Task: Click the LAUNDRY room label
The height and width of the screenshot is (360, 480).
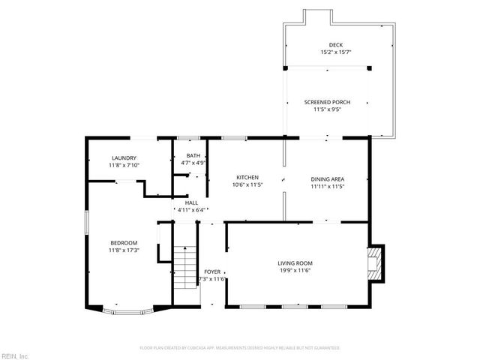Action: coord(124,157)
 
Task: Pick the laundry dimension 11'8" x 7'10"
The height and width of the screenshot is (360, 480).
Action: coord(124,165)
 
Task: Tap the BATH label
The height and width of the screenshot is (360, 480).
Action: coord(193,155)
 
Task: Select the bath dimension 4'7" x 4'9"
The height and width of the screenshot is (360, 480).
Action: coord(193,163)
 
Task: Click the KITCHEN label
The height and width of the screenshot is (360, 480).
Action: coord(247,178)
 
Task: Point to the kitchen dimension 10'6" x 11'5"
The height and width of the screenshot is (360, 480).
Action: coord(247,185)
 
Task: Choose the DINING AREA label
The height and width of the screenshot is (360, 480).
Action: coord(327,178)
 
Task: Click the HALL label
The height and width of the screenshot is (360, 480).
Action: coord(191,202)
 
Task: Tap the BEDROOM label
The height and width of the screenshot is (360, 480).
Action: coord(124,242)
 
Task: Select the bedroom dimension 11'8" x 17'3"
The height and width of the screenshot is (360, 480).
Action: coord(124,250)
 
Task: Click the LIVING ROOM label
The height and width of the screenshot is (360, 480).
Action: coord(295,263)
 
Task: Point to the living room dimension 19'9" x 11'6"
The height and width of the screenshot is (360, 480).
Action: coord(295,271)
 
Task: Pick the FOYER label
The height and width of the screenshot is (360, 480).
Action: coord(212,271)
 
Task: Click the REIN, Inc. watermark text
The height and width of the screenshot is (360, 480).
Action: coord(14,355)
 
